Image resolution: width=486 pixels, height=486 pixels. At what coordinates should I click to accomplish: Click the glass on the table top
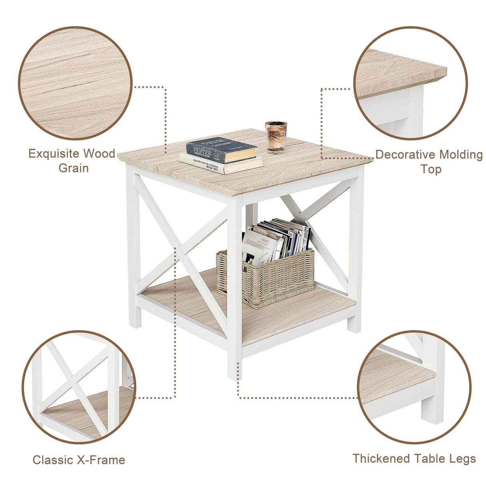click(276, 137)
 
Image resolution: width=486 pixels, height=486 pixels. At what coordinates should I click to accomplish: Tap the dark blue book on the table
click(221, 149)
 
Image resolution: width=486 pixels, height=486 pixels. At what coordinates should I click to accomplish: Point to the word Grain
click(74, 168)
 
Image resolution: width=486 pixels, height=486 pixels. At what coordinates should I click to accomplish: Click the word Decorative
click(405, 155)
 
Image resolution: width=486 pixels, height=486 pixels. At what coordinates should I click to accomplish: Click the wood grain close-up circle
click(75, 83)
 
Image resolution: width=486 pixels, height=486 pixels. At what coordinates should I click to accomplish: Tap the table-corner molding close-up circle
click(410, 83)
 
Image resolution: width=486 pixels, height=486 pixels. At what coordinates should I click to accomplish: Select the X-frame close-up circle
click(78, 387)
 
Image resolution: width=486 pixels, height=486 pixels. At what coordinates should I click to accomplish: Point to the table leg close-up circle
click(414, 387)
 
